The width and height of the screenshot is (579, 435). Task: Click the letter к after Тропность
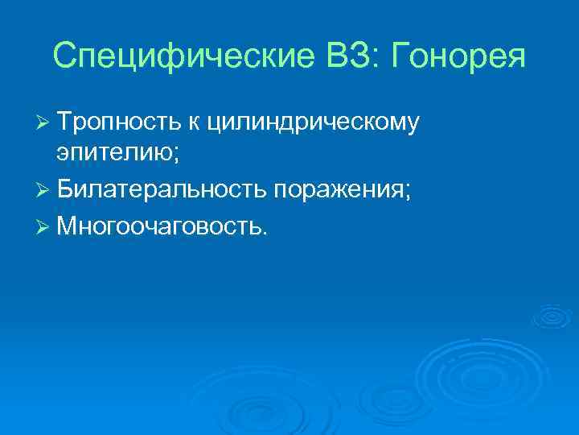(x=195, y=122)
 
